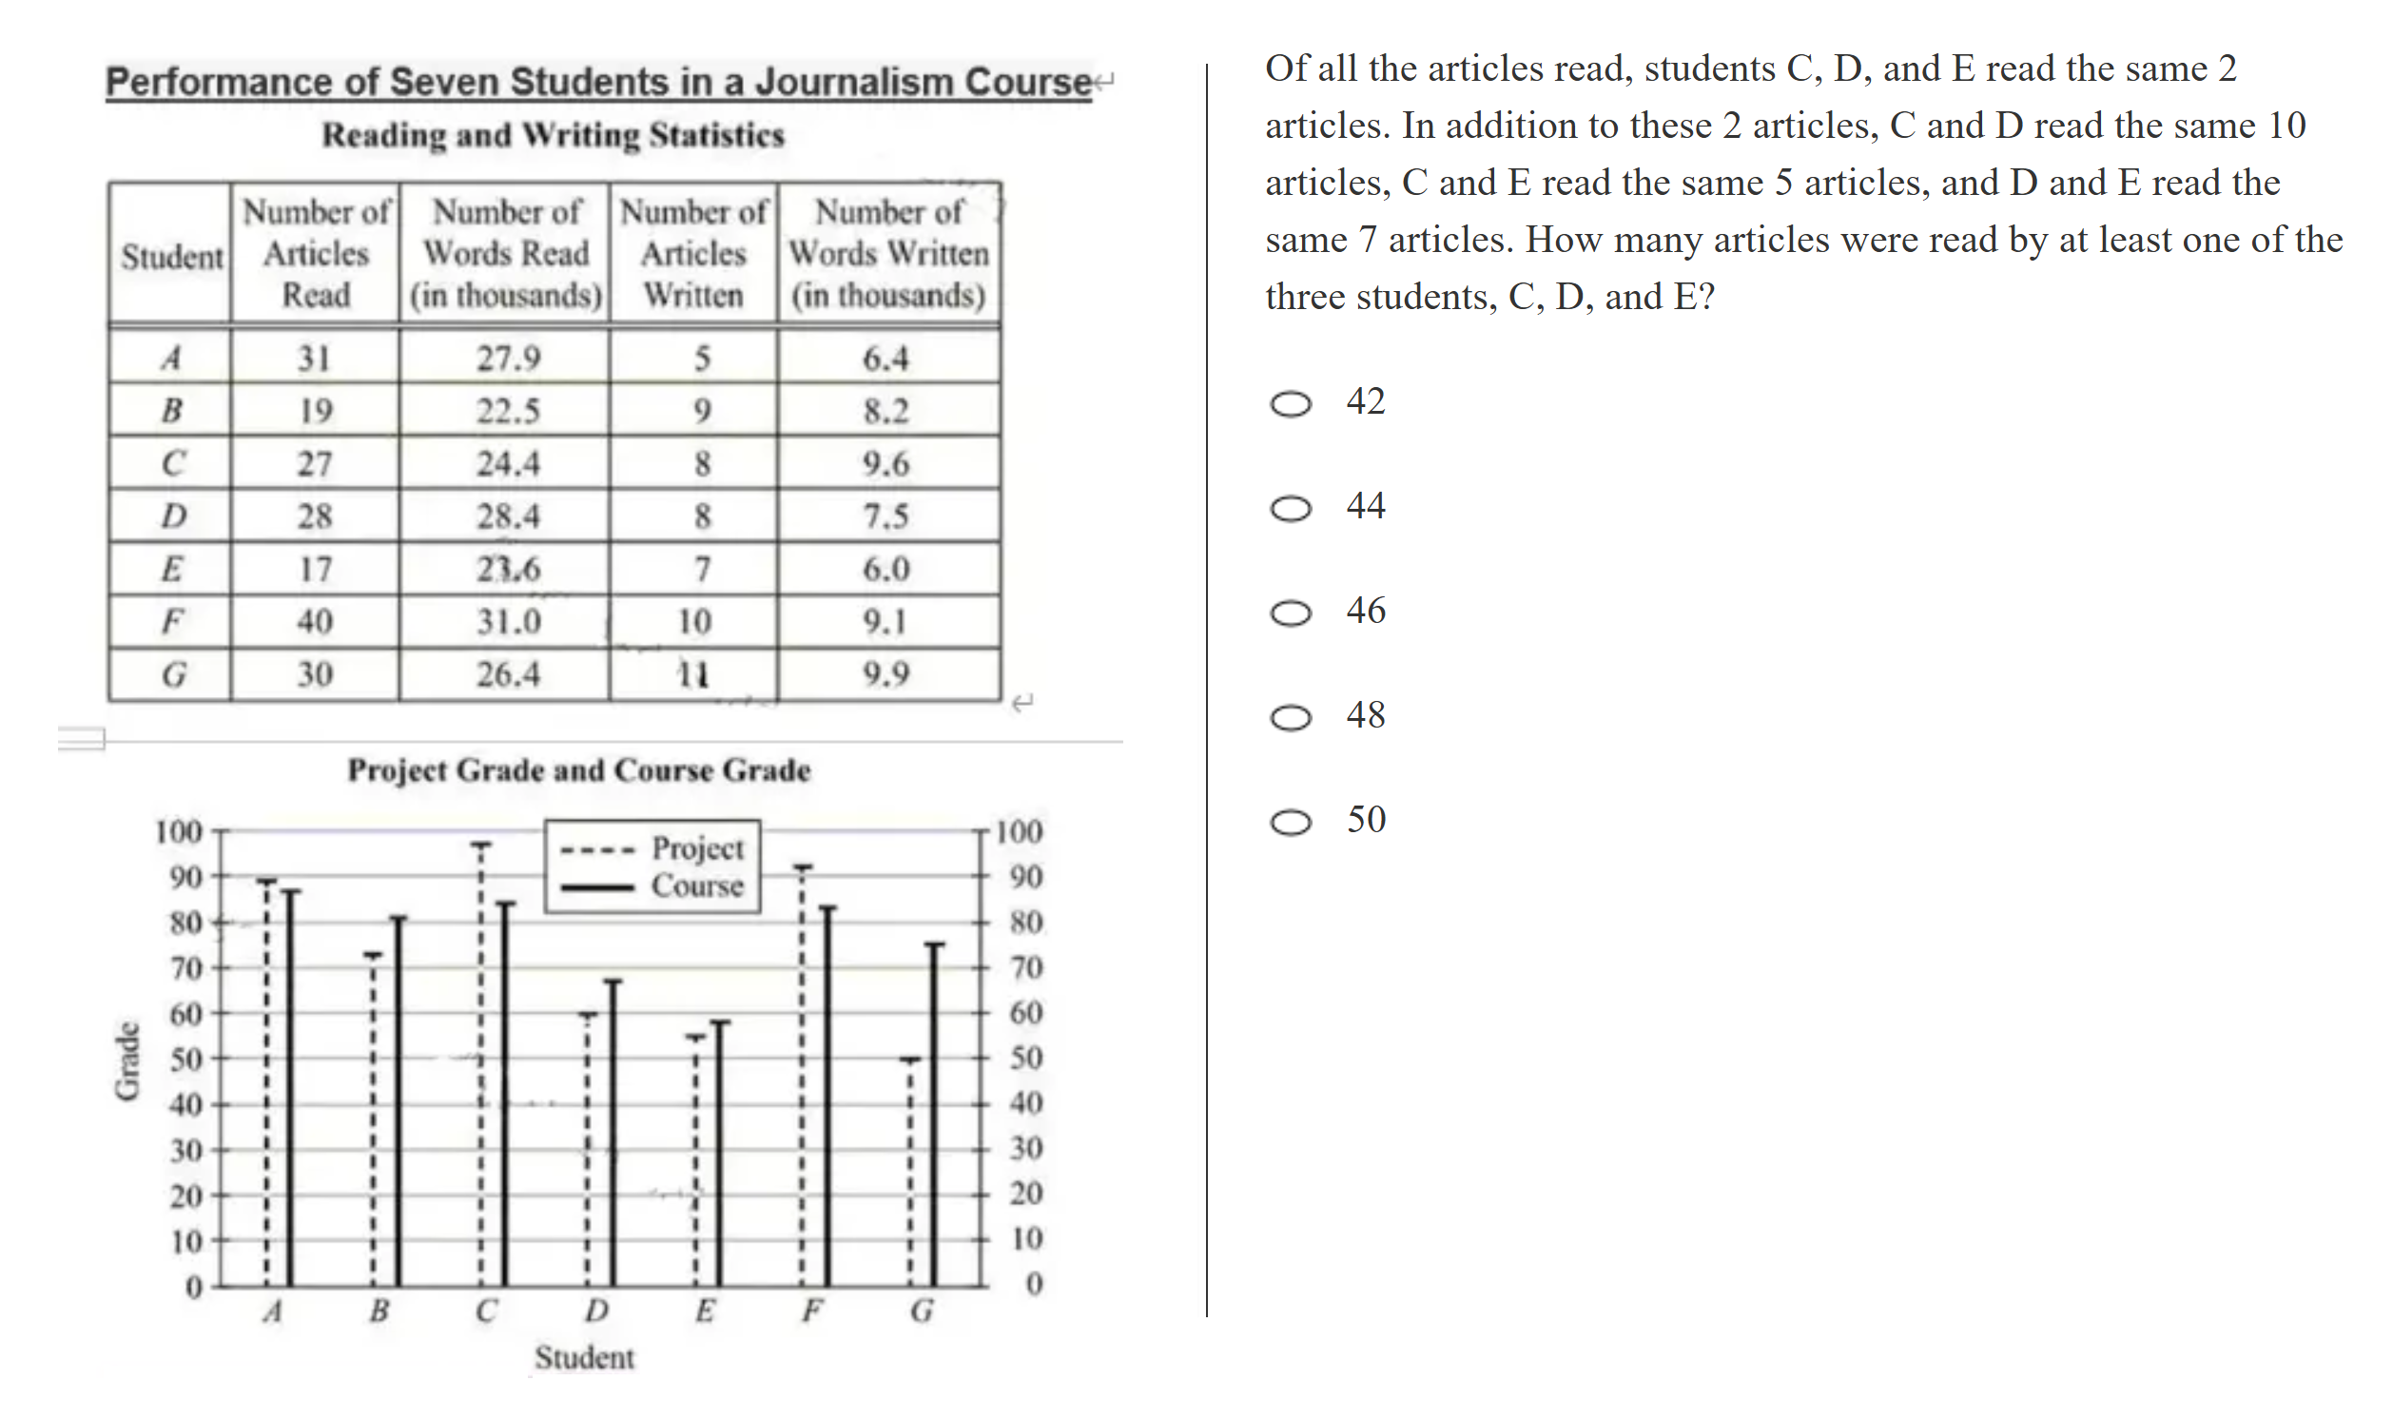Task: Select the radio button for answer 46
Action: tap(1290, 612)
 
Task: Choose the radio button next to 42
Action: tap(1290, 403)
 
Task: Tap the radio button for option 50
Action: tap(1290, 822)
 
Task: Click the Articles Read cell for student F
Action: tap(315, 622)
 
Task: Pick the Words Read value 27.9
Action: tap(508, 359)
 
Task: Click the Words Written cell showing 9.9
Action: tap(886, 674)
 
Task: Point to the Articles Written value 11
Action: tap(693, 674)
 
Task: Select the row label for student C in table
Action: tap(172, 464)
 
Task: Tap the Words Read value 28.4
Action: tap(508, 516)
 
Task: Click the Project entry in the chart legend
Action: tap(697, 848)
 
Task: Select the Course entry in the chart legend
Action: tap(697, 885)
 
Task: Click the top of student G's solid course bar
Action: tap(934, 944)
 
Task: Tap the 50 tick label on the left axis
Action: tap(186, 1059)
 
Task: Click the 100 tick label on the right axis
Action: tap(1020, 831)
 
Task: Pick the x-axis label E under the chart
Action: tap(705, 1310)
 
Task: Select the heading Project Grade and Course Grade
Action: tap(578, 769)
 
